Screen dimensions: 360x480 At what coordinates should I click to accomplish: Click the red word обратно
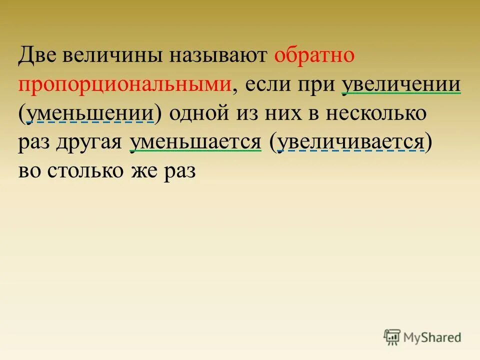pyautogui.click(x=314, y=55)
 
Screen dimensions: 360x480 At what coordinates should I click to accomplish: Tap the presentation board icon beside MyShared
pyautogui.click(x=392, y=337)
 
